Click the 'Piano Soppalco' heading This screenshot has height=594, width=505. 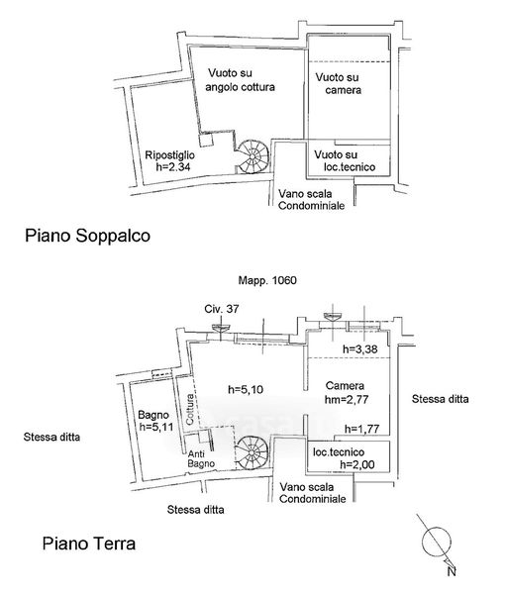click(87, 236)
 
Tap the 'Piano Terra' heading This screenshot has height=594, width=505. click(89, 544)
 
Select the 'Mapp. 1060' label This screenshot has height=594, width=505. click(267, 281)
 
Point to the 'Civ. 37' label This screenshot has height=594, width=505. click(222, 309)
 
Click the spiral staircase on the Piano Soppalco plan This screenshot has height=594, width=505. click(253, 156)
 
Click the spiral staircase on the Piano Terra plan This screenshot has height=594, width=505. click(252, 452)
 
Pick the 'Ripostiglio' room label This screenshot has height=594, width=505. click(170, 154)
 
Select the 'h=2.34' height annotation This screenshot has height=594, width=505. click(173, 167)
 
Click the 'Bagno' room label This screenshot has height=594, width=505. click(153, 415)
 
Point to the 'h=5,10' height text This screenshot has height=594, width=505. click(246, 389)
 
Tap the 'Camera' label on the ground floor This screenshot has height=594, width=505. click(345, 386)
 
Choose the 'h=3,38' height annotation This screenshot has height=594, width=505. click(360, 349)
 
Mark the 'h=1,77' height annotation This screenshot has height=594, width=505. click(361, 430)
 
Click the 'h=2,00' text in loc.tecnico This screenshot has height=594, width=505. click(357, 464)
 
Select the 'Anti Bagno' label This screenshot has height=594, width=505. click(201, 458)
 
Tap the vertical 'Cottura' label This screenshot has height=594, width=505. click(190, 409)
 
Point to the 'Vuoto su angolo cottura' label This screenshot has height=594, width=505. click(240, 80)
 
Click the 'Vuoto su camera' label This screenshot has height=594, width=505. click(339, 84)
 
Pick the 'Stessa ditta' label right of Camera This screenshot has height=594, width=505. click(441, 399)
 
